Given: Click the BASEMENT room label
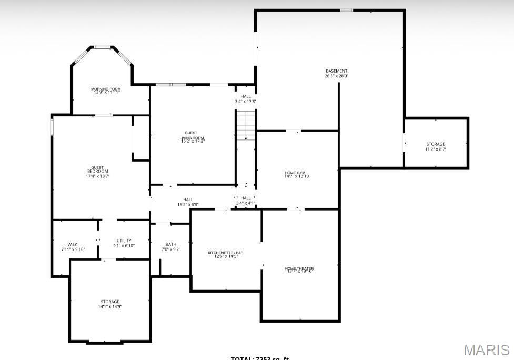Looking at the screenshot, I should click(x=336, y=71).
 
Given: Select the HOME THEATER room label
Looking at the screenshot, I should click(x=299, y=268).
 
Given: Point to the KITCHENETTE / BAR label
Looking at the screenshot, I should click(x=225, y=253).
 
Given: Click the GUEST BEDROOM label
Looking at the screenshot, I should click(x=97, y=169).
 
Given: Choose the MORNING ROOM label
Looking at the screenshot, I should click(x=106, y=89).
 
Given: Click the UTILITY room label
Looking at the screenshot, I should click(x=124, y=241).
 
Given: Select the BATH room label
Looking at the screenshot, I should click(x=171, y=244).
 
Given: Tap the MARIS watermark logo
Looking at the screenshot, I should click(x=487, y=350).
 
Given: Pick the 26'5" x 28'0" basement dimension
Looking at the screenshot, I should click(x=336, y=76).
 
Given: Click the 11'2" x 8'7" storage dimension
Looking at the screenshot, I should click(x=436, y=149).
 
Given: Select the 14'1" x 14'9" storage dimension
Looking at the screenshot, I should click(x=110, y=307).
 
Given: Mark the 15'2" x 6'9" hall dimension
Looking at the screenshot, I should click(x=187, y=205).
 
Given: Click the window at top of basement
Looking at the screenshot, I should click(x=346, y=10).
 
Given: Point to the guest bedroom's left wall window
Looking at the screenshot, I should click(x=52, y=127).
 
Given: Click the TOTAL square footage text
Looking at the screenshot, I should click(x=260, y=358).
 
